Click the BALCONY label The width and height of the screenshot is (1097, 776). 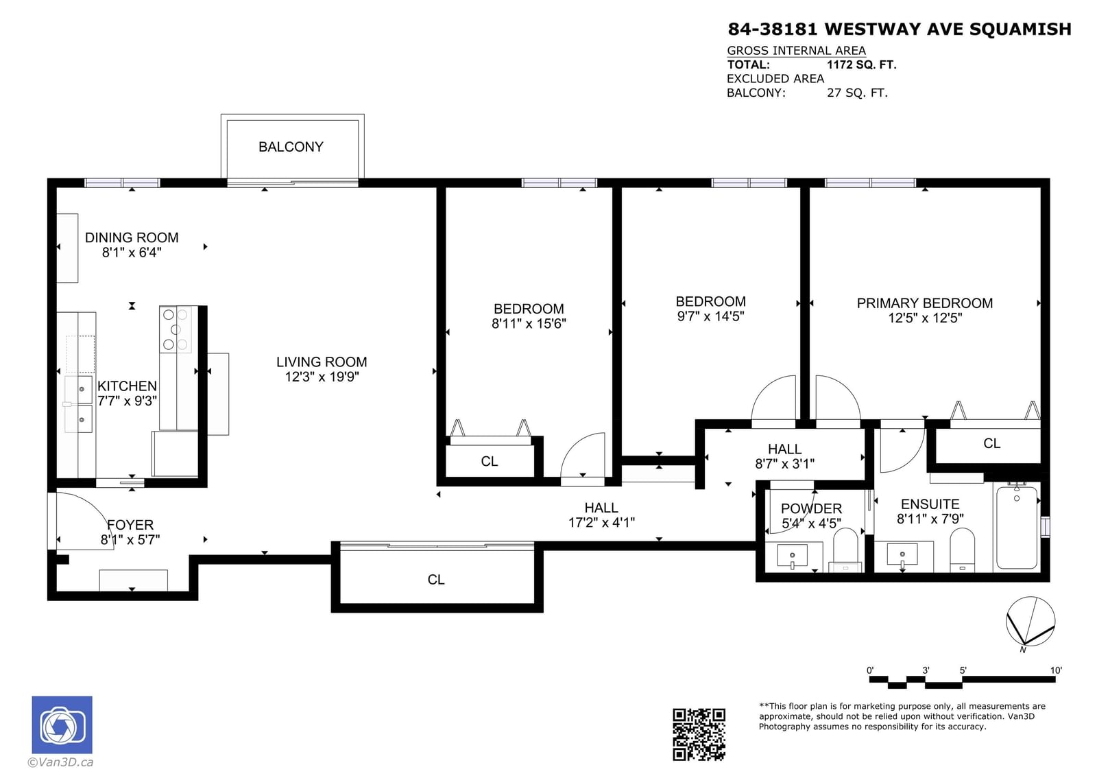[x=291, y=147]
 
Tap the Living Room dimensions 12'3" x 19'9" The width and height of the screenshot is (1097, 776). [x=322, y=377]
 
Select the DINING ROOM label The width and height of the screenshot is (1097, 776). [x=132, y=238]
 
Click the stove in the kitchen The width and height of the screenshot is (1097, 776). [x=176, y=329]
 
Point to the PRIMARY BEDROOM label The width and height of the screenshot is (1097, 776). [x=925, y=303]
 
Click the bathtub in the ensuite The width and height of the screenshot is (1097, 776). [x=1017, y=527]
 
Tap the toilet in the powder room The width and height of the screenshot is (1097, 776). [x=845, y=550]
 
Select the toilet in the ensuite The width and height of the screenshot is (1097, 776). [x=962, y=550]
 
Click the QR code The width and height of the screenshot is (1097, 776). [x=699, y=734]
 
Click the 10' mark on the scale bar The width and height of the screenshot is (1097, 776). [x=1056, y=670]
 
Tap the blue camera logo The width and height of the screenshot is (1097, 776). [x=62, y=725]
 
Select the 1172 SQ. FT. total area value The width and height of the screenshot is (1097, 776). [x=861, y=64]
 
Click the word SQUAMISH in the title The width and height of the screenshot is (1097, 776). [x=1020, y=29]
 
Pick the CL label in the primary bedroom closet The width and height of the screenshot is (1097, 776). [x=991, y=444]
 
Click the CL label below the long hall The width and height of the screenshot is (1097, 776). [x=436, y=580]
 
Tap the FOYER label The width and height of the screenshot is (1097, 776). [x=130, y=525]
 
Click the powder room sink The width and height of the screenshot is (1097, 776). [x=792, y=555]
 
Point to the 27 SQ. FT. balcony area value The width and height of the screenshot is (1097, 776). [x=857, y=93]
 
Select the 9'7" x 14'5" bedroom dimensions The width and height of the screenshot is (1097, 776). [x=710, y=316]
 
